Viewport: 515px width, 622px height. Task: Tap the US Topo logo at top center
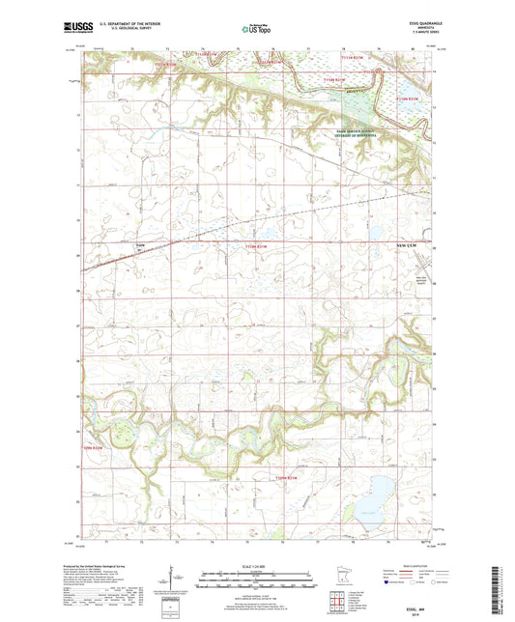coord(256,29)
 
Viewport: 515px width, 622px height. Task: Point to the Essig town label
coord(140,247)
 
